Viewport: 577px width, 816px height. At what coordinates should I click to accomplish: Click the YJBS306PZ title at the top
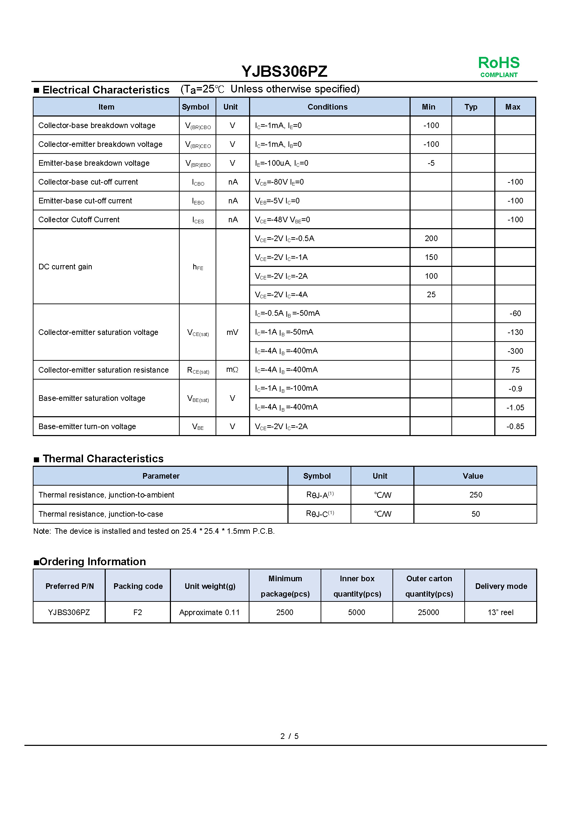click(x=284, y=72)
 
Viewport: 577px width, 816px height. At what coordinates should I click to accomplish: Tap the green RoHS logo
click(x=499, y=66)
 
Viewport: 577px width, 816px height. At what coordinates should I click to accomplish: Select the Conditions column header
click(x=327, y=107)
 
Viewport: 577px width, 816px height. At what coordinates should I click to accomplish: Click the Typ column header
click(x=471, y=107)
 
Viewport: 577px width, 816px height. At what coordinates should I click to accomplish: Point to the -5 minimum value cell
click(x=430, y=163)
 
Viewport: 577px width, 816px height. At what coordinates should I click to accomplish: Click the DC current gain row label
click(x=65, y=267)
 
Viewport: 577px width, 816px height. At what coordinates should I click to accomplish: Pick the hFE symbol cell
click(x=198, y=267)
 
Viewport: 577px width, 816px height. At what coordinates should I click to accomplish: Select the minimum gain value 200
click(x=431, y=239)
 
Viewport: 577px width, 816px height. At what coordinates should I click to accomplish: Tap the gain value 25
click(x=431, y=295)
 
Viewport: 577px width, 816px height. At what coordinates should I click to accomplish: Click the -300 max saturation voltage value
click(x=515, y=351)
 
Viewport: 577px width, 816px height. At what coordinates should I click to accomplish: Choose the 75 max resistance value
click(x=515, y=370)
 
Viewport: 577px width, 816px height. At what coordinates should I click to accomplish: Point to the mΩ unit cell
click(x=232, y=370)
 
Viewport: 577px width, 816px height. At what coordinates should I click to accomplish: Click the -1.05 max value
click(x=515, y=407)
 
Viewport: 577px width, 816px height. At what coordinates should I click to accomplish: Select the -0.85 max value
click(x=515, y=426)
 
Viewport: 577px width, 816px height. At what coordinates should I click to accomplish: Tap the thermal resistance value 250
click(x=475, y=495)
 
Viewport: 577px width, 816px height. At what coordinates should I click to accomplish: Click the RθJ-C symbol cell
click(x=320, y=514)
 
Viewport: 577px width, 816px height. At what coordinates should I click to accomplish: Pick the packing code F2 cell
click(x=137, y=612)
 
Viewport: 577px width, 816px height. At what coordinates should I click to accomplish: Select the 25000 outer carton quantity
click(x=428, y=612)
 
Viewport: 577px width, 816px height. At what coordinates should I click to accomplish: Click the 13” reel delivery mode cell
click(x=500, y=612)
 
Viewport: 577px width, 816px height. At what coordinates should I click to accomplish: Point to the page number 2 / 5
click(x=289, y=736)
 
